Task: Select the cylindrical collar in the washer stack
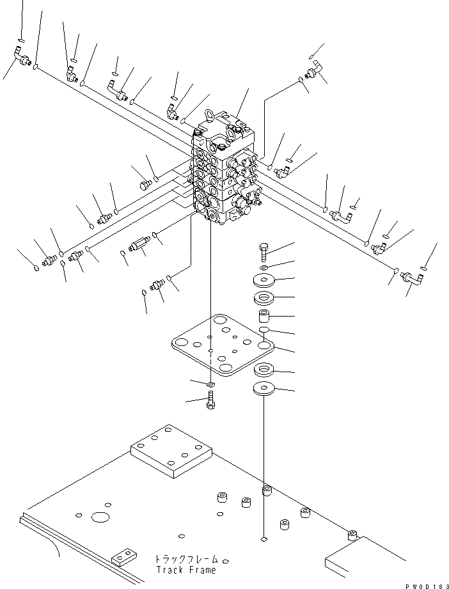pos(265,316)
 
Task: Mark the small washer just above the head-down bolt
pos(211,384)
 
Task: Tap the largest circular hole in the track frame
pos(100,517)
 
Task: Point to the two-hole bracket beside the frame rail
pos(125,558)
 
